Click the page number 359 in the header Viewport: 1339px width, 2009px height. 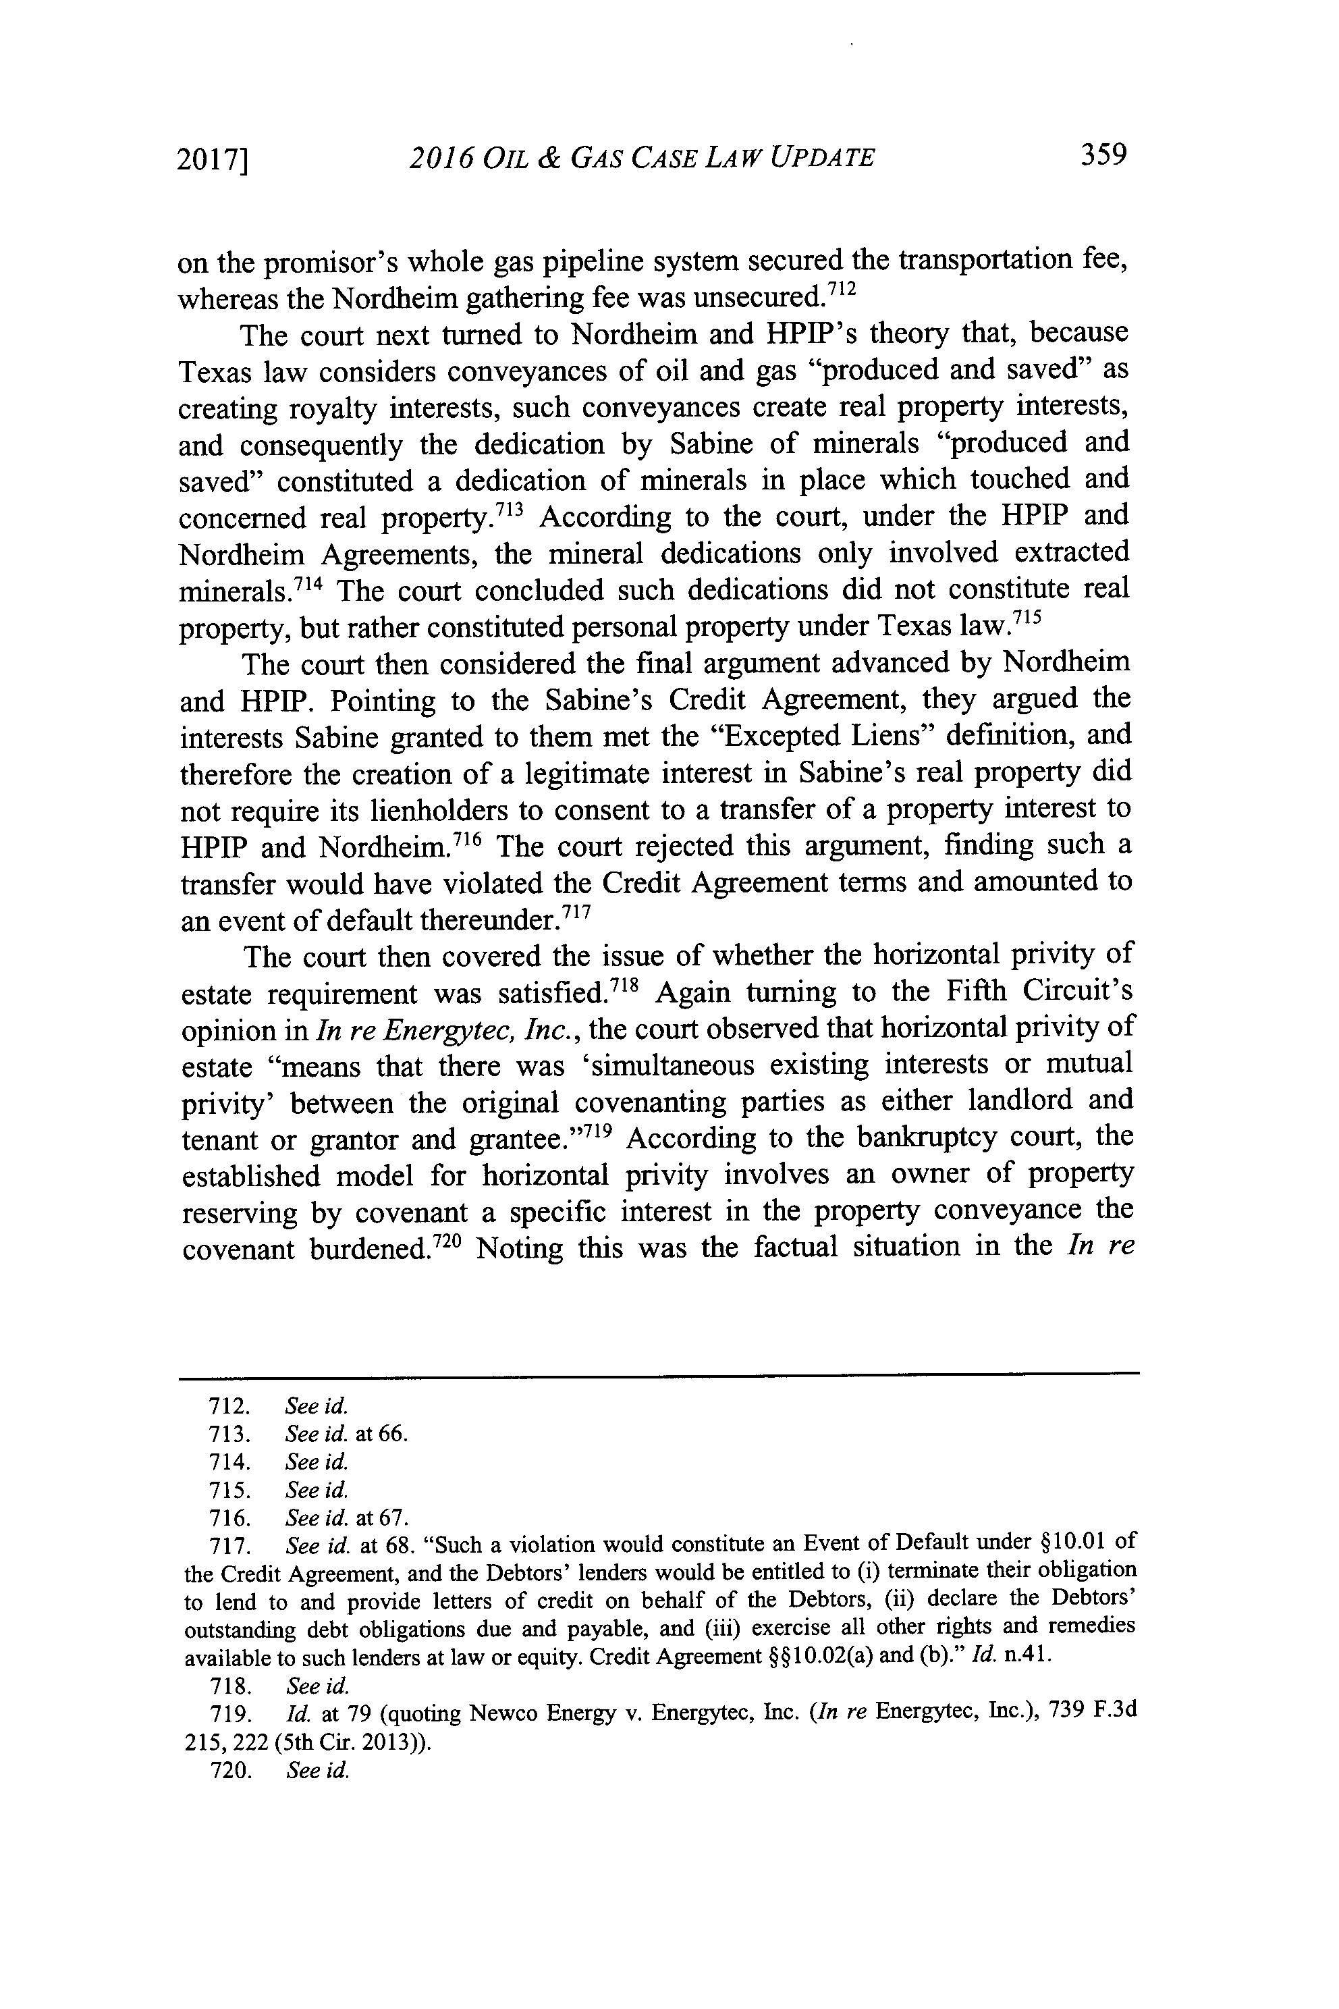coord(1104,155)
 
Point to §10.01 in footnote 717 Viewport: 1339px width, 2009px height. coord(1078,1545)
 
